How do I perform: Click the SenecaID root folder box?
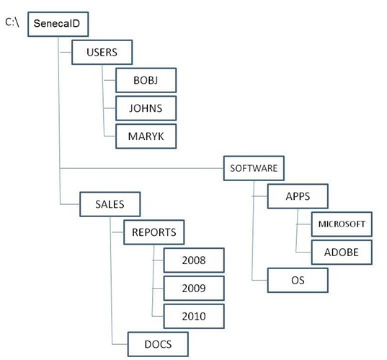[58, 24]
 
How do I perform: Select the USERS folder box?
[102, 52]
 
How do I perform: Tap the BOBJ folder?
[146, 80]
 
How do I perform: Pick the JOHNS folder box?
[146, 108]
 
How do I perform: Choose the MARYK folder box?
[146, 136]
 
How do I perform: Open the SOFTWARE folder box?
[254, 168]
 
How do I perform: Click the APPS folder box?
[298, 196]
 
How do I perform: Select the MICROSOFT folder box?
[342, 224]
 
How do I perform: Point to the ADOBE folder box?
[342, 253]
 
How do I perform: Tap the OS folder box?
[298, 280]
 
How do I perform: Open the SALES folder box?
[110, 204]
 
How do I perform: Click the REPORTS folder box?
[154, 232]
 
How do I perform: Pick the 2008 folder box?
[194, 260]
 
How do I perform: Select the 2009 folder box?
[194, 289]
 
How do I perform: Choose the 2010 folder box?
[194, 316]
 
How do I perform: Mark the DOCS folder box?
[158, 344]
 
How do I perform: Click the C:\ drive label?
[12, 22]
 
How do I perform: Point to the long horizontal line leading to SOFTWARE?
[142, 168]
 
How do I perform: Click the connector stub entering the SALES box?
[70, 204]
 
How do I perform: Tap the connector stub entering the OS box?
[259, 280]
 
